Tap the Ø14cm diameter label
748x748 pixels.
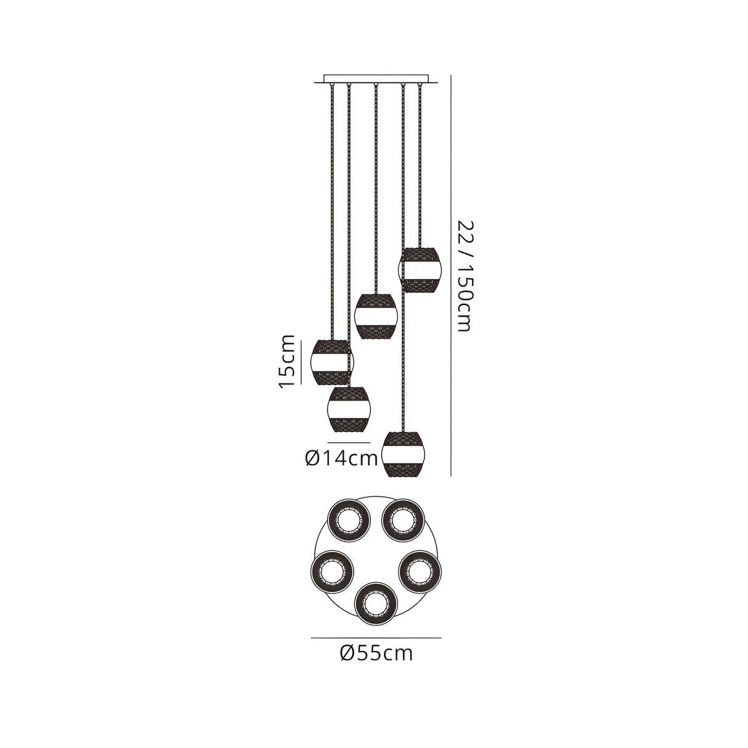[341, 459]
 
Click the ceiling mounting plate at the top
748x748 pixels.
[375, 79]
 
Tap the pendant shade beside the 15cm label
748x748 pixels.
[333, 362]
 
